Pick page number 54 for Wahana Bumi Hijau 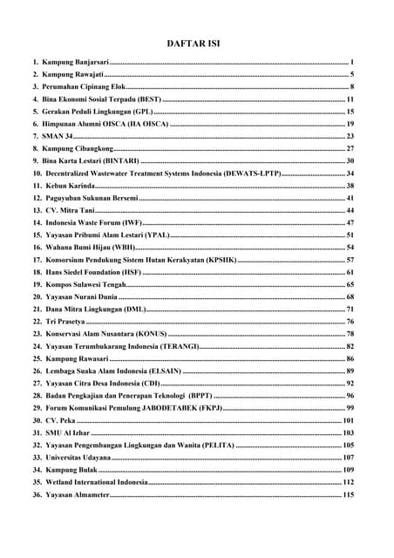click(x=350, y=248)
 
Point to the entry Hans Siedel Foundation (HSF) click(x=92, y=272)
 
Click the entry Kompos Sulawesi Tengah click(x=85, y=284)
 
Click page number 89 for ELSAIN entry click(x=350, y=371)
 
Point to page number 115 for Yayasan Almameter click(x=348, y=494)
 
